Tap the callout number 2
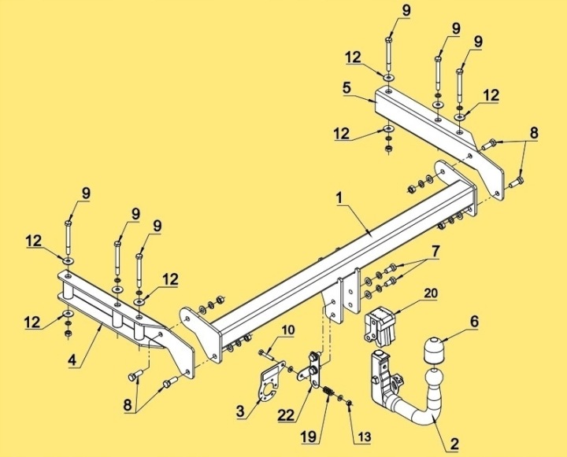pyautogui.click(x=454, y=444)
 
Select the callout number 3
pyautogui.click(x=241, y=411)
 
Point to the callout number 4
pyautogui.click(x=72, y=359)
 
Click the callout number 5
pyautogui.click(x=346, y=87)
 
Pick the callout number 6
pyautogui.click(x=474, y=321)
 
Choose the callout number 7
pyautogui.click(x=435, y=252)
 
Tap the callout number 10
pyautogui.click(x=287, y=330)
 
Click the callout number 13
pyautogui.click(x=365, y=437)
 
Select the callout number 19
pyautogui.click(x=310, y=437)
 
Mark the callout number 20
pyautogui.click(x=430, y=293)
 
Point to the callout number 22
pyautogui.click(x=287, y=415)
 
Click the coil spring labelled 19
pyautogui.click(x=328, y=391)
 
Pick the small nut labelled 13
pyautogui.click(x=349, y=402)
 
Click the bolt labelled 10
pyautogui.click(x=267, y=355)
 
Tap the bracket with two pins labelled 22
pyautogui.click(x=312, y=370)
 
